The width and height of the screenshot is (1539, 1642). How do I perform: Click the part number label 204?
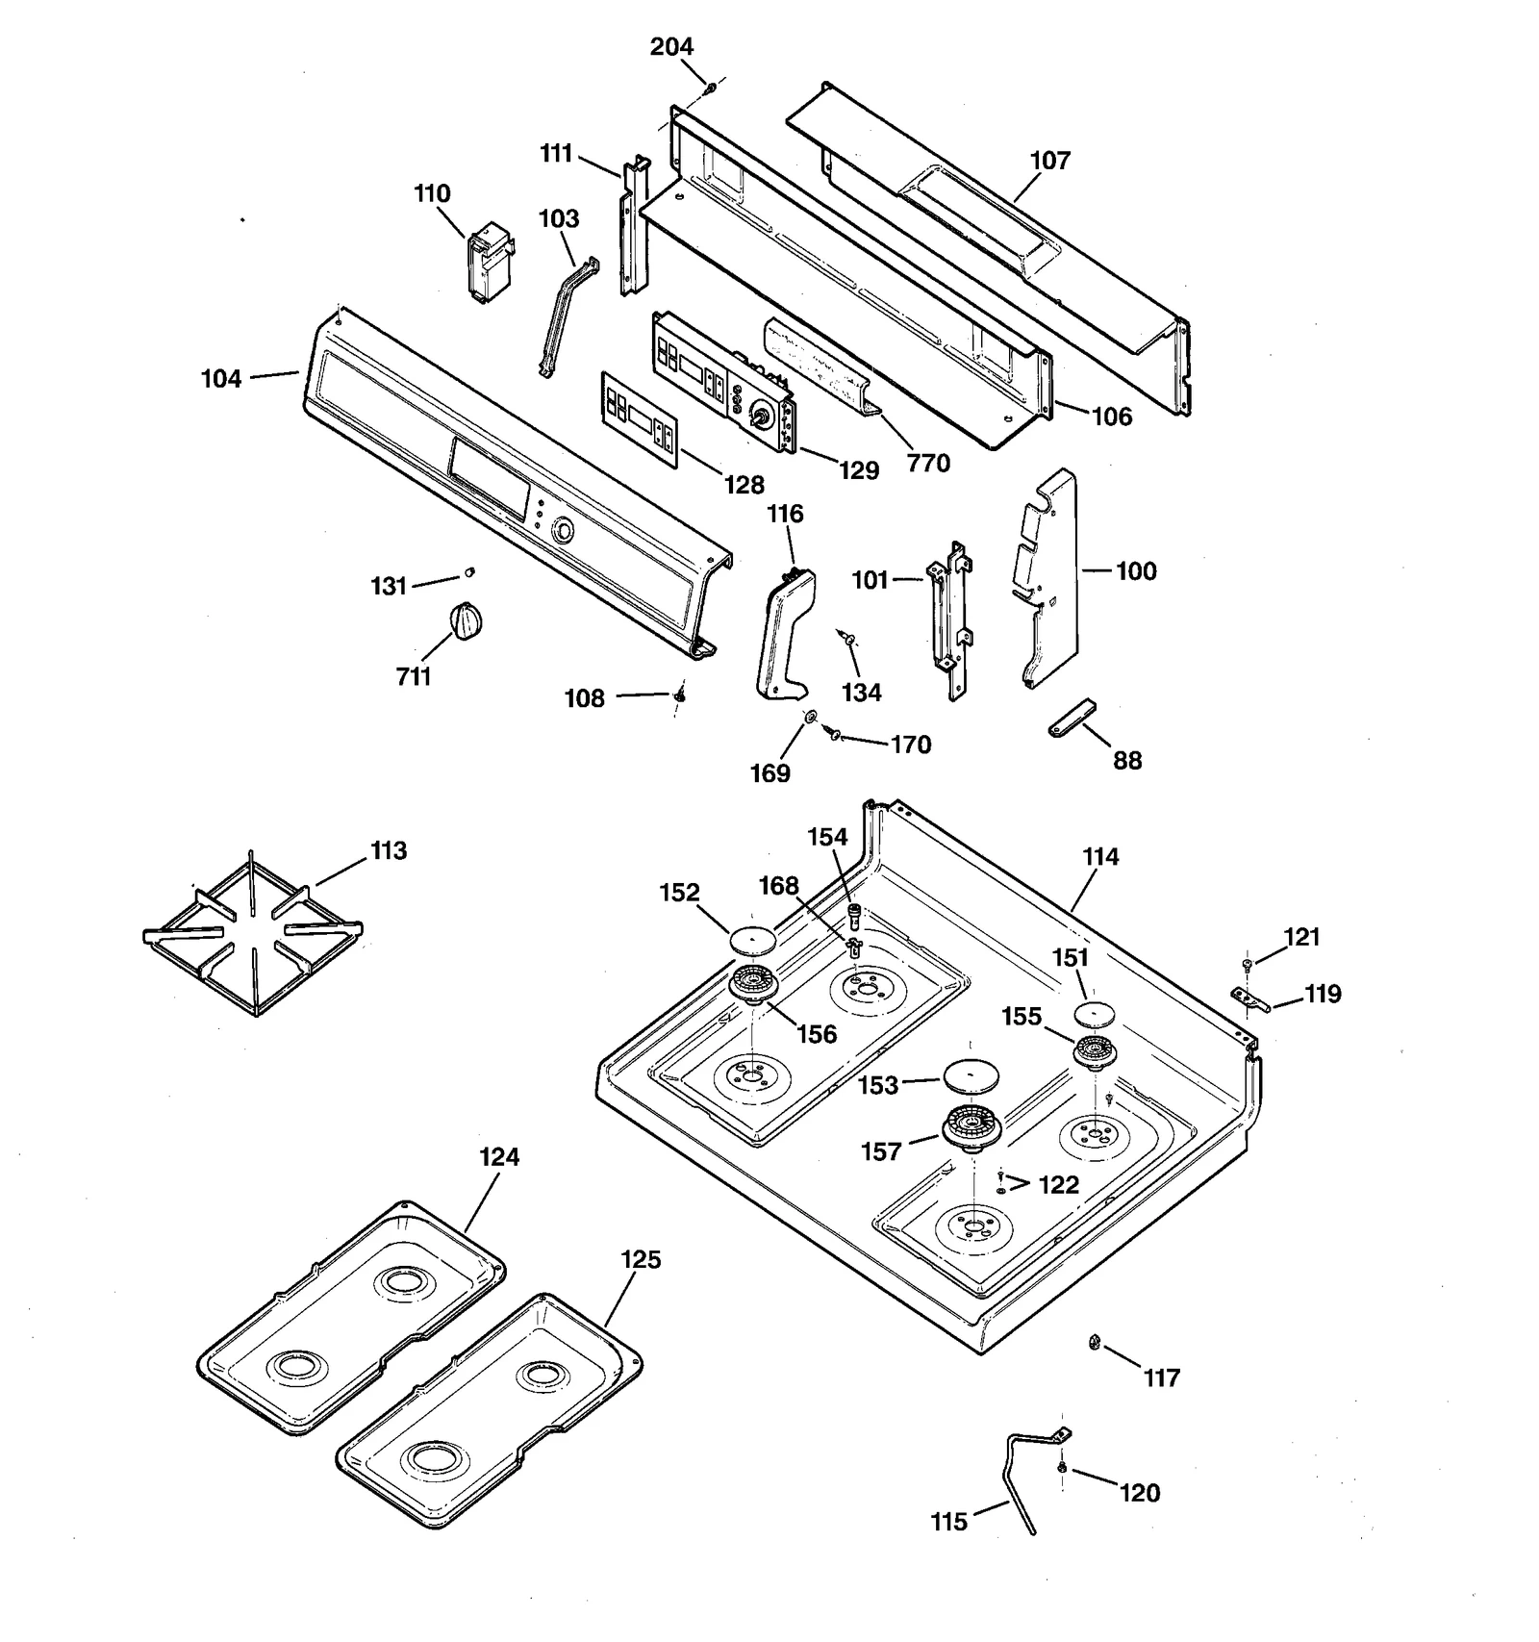pyautogui.click(x=671, y=47)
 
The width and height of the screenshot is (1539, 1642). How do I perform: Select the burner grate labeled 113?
pyautogui.click(x=252, y=938)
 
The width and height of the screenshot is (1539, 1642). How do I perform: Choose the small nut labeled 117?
pyautogui.click(x=1094, y=1342)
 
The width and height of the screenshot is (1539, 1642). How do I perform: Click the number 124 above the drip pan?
pyautogui.click(x=499, y=1157)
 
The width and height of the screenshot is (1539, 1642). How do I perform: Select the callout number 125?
pyautogui.click(x=641, y=1260)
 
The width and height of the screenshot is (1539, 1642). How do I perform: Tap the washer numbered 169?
pyautogui.click(x=810, y=717)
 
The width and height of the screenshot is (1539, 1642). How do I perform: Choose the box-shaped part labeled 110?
pyautogui.click(x=488, y=262)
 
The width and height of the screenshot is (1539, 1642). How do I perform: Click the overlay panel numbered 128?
pyautogui.click(x=640, y=419)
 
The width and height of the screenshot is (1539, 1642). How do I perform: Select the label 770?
pyautogui.click(x=928, y=464)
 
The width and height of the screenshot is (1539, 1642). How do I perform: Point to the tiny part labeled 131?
pyautogui.click(x=469, y=572)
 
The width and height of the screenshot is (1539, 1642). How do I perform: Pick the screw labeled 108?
pyautogui.click(x=680, y=694)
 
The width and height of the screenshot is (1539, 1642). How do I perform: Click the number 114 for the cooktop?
pyautogui.click(x=1100, y=857)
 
